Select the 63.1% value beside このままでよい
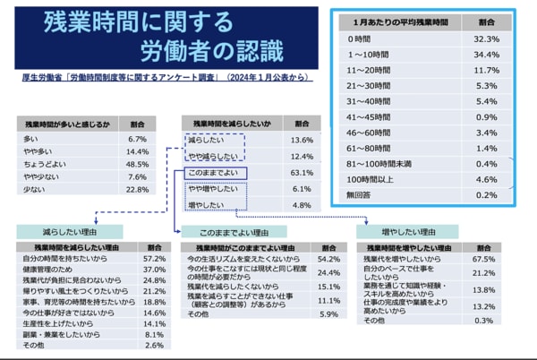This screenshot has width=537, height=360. coord(302,172)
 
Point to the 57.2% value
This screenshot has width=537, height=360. coord(155,256)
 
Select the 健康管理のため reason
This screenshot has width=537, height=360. coord(48,268)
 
